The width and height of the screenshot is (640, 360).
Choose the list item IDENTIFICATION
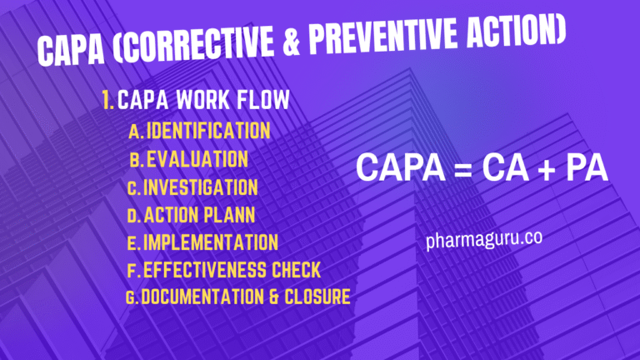(x=209, y=131)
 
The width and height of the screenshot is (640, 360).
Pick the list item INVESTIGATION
(x=201, y=187)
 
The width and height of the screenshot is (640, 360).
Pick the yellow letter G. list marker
(x=132, y=297)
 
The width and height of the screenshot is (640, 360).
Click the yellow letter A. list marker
(x=137, y=132)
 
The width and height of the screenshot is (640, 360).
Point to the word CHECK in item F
(x=292, y=270)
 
